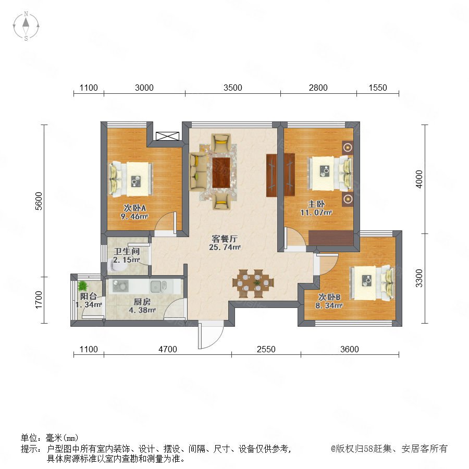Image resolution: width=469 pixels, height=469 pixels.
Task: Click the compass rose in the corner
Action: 26,26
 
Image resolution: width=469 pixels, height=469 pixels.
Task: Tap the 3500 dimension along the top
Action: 233,88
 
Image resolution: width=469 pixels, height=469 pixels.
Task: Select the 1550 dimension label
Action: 378,88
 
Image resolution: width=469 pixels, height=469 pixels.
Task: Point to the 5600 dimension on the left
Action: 39,201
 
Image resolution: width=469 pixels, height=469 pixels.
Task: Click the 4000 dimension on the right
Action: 419,179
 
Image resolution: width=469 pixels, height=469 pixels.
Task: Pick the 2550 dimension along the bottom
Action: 266,349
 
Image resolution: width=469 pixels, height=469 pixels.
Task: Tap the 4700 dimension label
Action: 167,349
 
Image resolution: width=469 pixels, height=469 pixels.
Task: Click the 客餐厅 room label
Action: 225,239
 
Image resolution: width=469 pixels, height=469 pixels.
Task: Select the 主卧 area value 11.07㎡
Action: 316,213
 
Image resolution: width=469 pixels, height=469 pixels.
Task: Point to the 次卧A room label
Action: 135,207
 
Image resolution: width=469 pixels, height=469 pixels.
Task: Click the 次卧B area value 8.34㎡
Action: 329,305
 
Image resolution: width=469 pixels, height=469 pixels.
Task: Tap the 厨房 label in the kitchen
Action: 142,302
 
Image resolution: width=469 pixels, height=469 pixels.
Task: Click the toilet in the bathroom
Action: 117,265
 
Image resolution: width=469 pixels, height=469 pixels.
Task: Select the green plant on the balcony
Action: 82,286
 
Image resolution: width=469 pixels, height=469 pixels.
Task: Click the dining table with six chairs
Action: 253,283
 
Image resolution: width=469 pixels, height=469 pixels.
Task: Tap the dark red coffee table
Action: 221,172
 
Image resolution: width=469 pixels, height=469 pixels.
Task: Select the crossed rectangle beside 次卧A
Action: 167,136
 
